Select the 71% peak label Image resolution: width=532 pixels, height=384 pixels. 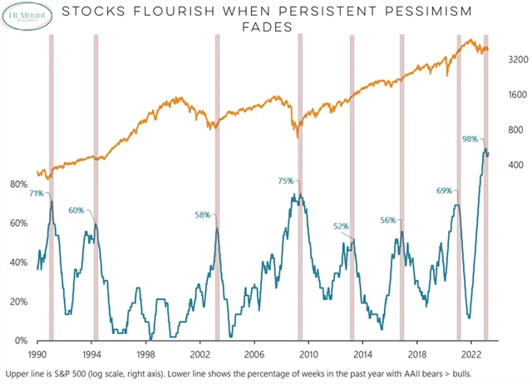[x=36, y=194]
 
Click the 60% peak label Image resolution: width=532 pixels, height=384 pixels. [x=76, y=210]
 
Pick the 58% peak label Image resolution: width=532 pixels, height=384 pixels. [x=203, y=215]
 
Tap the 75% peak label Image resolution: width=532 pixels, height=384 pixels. [x=286, y=181]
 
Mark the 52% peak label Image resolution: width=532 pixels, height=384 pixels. [x=342, y=226]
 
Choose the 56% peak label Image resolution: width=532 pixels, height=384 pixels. [x=388, y=221]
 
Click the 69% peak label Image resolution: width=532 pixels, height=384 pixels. [x=445, y=191]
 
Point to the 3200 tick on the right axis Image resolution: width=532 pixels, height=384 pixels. [x=506, y=60]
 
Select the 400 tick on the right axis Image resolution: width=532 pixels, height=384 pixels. [x=504, y=165]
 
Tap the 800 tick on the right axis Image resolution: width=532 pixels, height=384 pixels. [x=504, y=130]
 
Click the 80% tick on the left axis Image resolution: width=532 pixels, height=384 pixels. [x=18, y=185]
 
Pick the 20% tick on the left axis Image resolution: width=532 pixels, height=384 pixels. [x=18, y=302]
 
